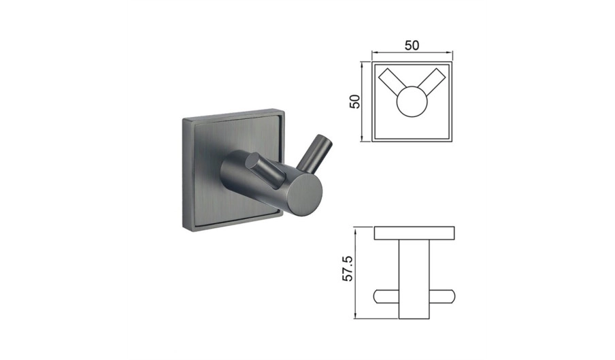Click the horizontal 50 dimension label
coord(412,46)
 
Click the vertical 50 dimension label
coord(354,101)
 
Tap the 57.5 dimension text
coord(348,268)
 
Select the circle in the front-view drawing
coord(411,102)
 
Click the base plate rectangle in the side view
coord(414,233)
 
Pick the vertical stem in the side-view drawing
coord(414,279)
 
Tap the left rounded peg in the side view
coord(386,297)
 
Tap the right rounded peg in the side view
coord(442,297)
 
